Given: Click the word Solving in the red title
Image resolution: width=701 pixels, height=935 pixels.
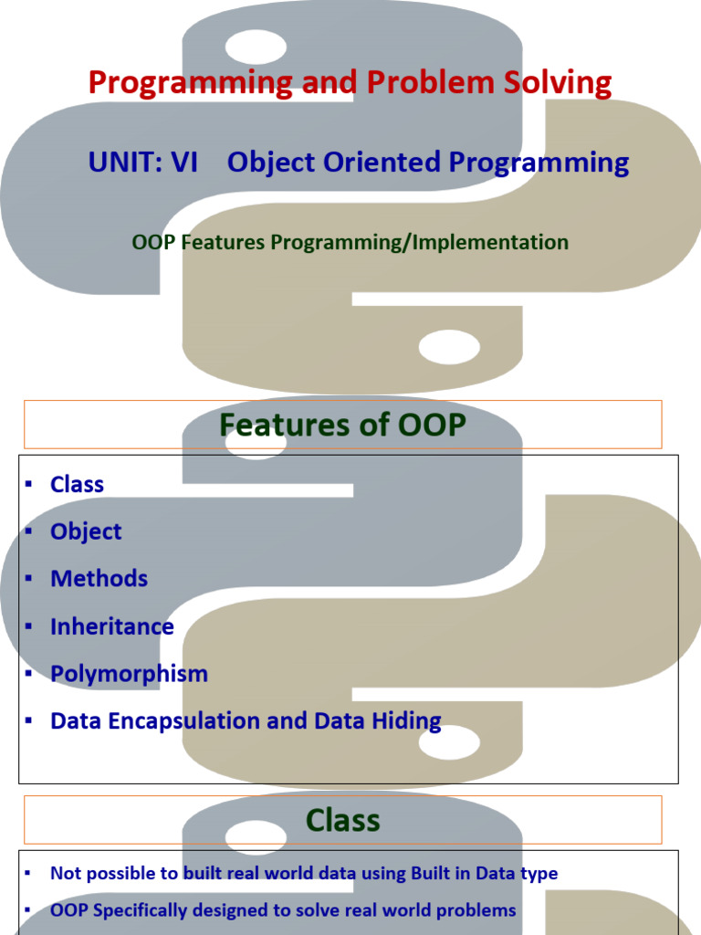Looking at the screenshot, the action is tap(558, 82).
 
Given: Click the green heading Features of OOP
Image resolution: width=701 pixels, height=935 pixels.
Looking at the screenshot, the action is tap(343, 425).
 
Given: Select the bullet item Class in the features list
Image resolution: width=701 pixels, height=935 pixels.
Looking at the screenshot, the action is tap(77, 484).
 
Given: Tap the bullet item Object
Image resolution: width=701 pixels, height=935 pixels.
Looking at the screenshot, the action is tap(86, 532).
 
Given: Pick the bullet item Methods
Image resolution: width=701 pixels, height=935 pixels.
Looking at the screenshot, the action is tap(99, 579).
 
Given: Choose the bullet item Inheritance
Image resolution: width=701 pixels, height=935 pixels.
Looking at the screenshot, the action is tap(112, 626).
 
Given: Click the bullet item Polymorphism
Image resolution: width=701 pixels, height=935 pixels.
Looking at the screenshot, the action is tap(129, 675).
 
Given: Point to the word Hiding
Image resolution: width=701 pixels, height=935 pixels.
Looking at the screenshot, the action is tap(406, 721).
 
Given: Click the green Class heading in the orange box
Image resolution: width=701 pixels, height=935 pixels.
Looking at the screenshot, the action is tap(343, 820).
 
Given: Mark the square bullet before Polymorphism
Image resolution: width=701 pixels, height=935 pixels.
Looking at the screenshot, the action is tap(28, 673).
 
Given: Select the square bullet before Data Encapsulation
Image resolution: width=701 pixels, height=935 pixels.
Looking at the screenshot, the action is tap(28, 720).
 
